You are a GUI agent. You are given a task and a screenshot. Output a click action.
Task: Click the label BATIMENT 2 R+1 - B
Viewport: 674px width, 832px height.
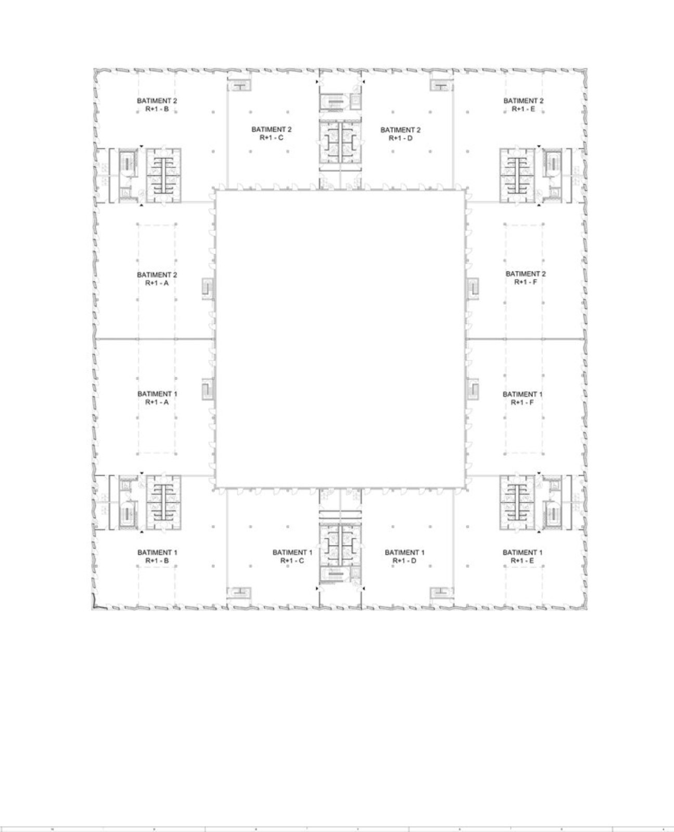click(x=157, y=105)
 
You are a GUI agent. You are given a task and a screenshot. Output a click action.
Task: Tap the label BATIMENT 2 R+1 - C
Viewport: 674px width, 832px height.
click(x=271, y=133)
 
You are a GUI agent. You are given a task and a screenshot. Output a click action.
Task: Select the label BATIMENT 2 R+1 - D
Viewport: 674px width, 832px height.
click(x=400, y=134)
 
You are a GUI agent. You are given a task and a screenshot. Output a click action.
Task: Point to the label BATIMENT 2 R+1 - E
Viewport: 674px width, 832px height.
click(x=523, y=105)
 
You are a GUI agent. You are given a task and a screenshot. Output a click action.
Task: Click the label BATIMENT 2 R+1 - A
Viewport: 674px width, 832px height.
click(x=157, y=279)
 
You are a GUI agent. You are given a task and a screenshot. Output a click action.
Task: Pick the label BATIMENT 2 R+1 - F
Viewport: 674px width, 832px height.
click(x=526, y=277)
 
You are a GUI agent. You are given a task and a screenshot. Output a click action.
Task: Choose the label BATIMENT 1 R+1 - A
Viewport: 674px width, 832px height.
click(x=157, y=398)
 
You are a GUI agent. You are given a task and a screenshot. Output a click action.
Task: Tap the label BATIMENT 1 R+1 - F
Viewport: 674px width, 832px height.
click(x=523, y=398)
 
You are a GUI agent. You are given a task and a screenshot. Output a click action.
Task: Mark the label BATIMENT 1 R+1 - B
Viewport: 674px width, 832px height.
click(x=157, y=556)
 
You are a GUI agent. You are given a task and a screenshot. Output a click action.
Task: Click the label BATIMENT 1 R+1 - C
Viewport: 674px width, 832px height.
click(x=293, y=556)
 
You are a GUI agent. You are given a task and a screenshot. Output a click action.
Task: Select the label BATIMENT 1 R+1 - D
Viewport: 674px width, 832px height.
click(x=404, y=556)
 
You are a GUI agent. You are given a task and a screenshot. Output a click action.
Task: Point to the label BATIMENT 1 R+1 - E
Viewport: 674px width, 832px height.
click(x=523, y=556)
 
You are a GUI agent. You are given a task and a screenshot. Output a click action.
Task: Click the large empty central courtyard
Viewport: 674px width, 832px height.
click(x=340, y=339)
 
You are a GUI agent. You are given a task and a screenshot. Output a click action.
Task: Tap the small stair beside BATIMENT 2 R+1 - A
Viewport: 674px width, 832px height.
click(x=208, y=289)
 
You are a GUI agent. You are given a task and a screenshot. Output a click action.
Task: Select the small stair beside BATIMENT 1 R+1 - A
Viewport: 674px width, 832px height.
click(x=208, y=389)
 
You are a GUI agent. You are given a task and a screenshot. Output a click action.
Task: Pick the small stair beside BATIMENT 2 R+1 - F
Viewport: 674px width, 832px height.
click(x=473, y=289)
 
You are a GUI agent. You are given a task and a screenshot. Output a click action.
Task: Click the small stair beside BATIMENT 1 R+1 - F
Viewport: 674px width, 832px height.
click(x=473, y=389)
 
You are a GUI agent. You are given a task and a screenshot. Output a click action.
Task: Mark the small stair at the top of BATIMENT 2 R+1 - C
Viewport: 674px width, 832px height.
click(x=239, y=86)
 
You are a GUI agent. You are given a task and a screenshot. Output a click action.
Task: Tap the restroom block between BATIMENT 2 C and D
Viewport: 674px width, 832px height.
click(x=340, y=141)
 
